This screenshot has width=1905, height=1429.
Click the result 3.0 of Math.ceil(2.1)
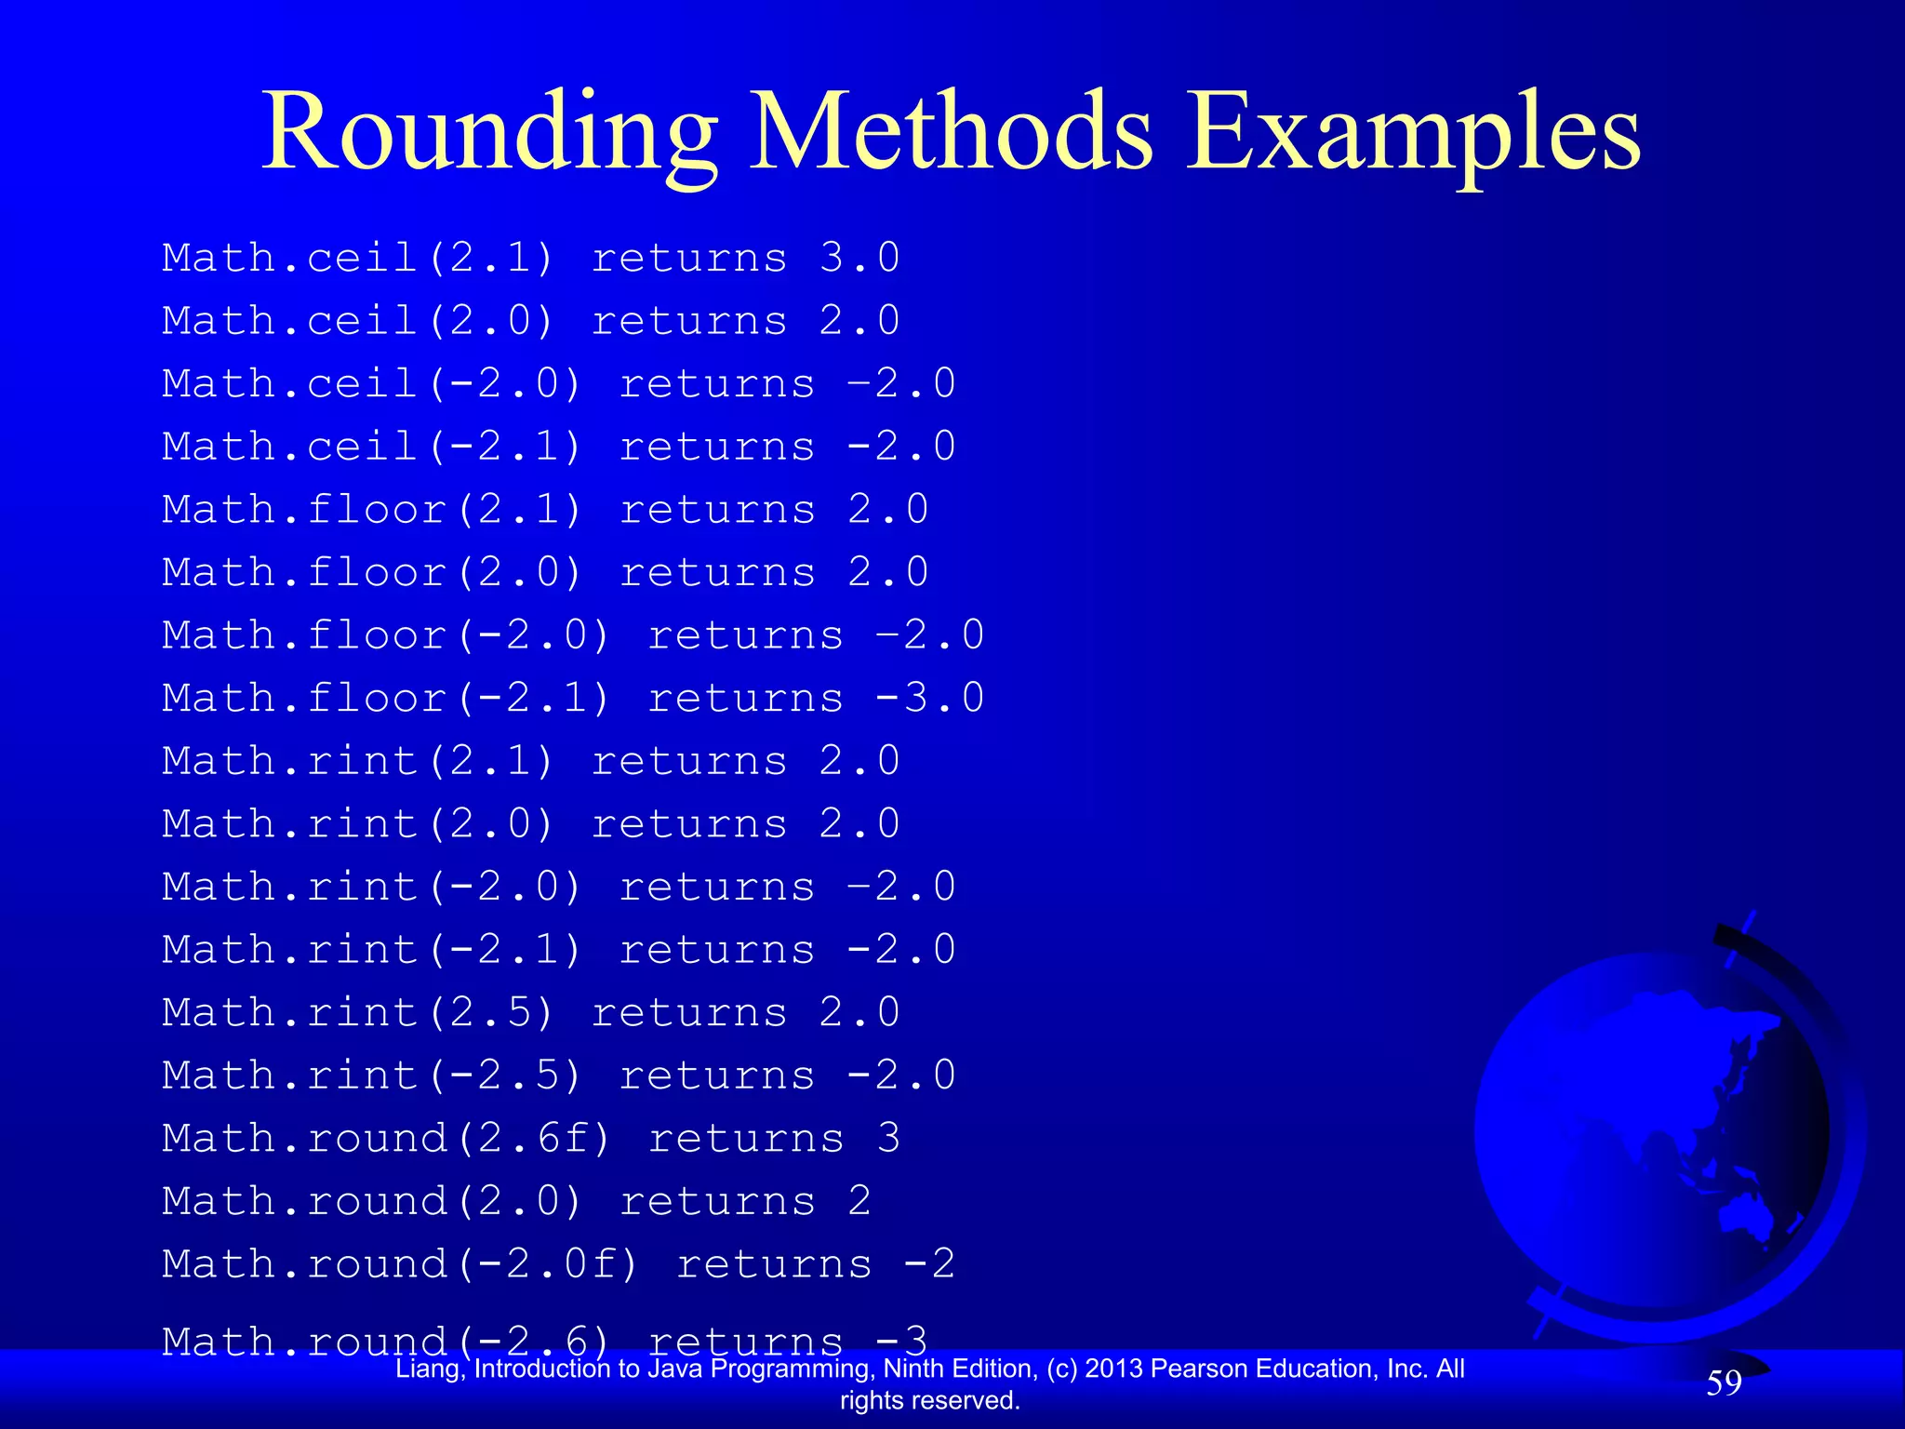tap(859, 259)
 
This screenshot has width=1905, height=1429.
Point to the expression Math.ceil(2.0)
tap(358, 321)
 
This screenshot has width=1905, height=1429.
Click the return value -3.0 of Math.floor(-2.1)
tap(930, 698)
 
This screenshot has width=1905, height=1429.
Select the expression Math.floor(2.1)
tap(372, 510)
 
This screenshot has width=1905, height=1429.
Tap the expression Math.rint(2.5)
tap(358, 1012)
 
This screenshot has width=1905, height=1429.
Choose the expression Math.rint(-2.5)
tap(372, 1075)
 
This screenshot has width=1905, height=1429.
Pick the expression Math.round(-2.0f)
tap(400, 1264)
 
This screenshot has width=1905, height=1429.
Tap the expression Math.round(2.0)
tap(372, 1201)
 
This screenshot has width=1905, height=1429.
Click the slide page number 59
tap(1724, 1383)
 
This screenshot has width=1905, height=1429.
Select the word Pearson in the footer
tap(1186, 1369)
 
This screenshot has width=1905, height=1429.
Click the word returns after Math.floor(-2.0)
tap(746, 635)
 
